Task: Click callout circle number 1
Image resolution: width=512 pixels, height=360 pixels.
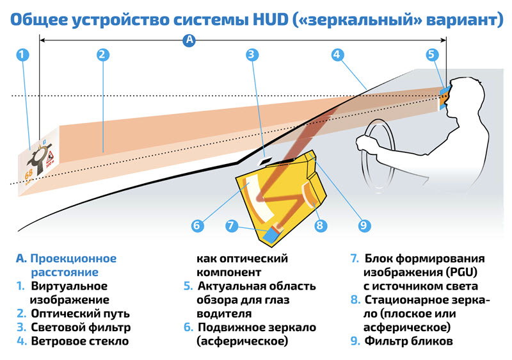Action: (x=22, y=54)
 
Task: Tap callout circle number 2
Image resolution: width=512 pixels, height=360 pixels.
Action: (x=102, y=54)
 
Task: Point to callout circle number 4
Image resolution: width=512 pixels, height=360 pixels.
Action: (x=336, y=54)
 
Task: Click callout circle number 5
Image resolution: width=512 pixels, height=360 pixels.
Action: (x=432, y=54)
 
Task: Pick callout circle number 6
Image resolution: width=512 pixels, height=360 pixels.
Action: (x=197, y=225)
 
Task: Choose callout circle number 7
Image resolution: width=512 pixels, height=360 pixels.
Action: (x=232, y=225)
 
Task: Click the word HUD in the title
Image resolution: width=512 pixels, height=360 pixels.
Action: (x=264, y=18)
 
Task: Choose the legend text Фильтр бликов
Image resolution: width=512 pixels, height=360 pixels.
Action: (x=409, y=341)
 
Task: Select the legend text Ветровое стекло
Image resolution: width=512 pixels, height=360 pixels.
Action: (x=79, y=341)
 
